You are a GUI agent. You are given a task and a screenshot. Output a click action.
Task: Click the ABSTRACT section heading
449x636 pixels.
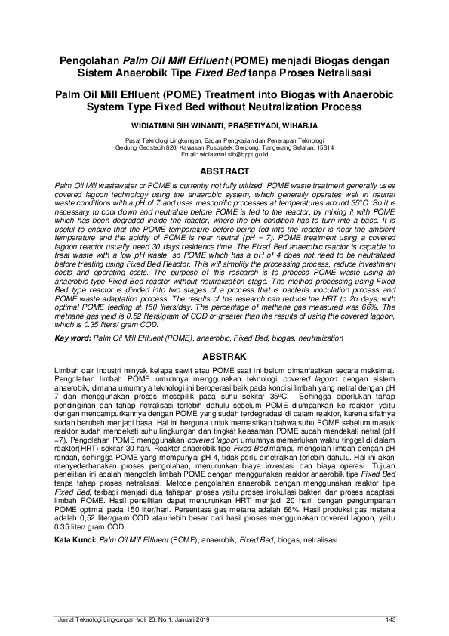pyautogui.click(x=223, y=172)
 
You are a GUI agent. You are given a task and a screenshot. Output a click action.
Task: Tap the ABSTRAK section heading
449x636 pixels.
pyautogui.click(x=223, y=355)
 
